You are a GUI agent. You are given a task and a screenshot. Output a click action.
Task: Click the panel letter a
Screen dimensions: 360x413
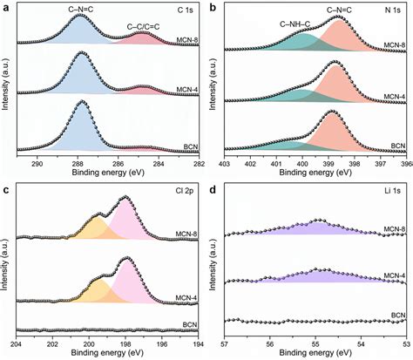point(6,7)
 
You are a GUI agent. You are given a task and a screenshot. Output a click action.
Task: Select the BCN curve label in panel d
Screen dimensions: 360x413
point(396,313)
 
